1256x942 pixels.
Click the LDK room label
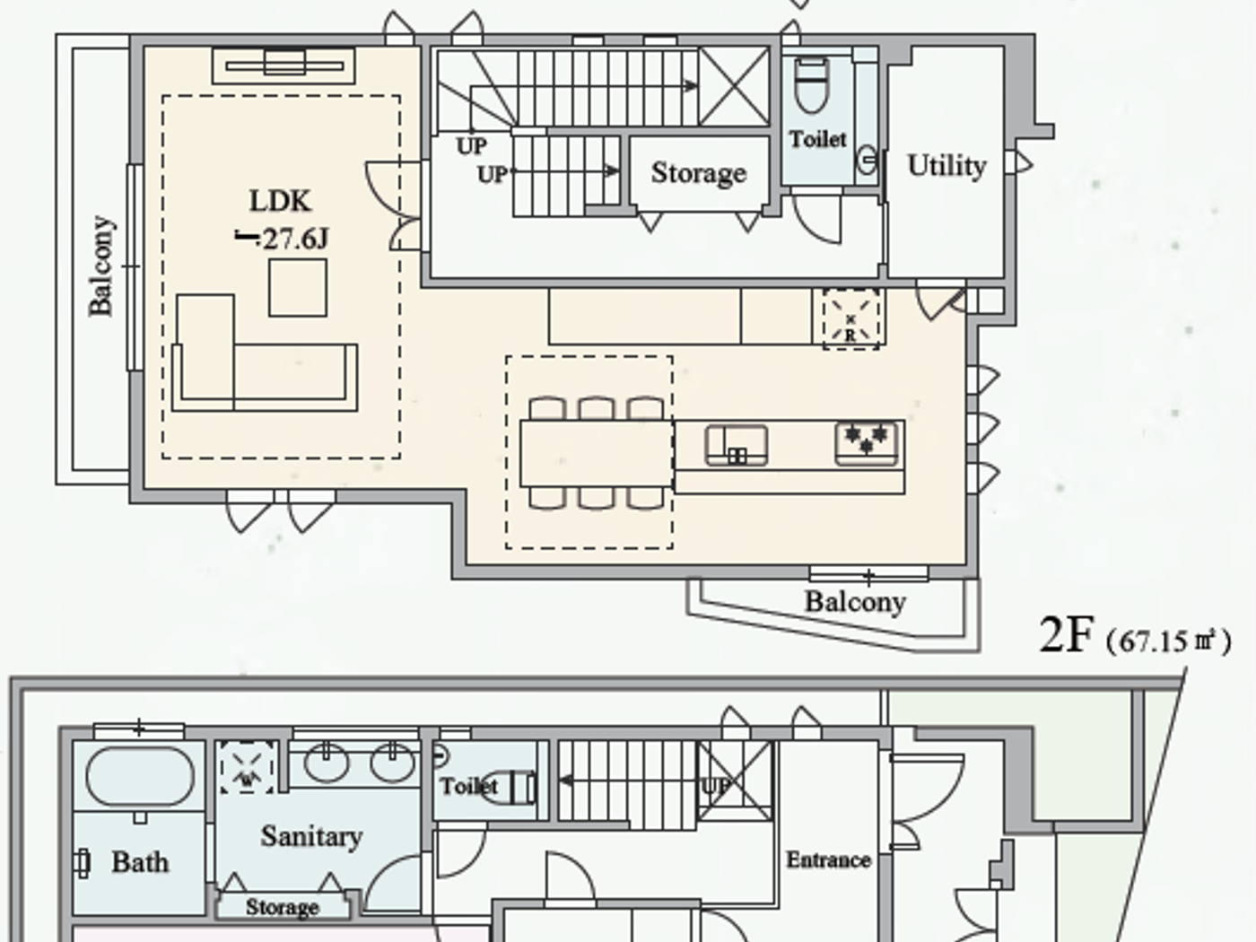pos(279,201)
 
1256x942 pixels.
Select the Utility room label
pos(946,166)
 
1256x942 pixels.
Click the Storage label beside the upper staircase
pos(698,173)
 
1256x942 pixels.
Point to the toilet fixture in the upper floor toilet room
pos(812,85)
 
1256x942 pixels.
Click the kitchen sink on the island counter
pos(737,445)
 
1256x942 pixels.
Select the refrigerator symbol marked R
pos(850,318)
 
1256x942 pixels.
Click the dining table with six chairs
pos(597,454)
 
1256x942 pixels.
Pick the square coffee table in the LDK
pos(298,287)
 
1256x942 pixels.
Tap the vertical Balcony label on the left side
pos(100,266)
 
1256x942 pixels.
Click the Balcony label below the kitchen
pos(854,601)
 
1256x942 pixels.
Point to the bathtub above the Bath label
pos(140,777)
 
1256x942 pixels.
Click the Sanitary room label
pos(311,836)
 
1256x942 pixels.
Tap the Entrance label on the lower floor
pos(828,859)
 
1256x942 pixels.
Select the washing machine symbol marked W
pos(247,768)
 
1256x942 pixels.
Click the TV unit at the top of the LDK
pos(283,65)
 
